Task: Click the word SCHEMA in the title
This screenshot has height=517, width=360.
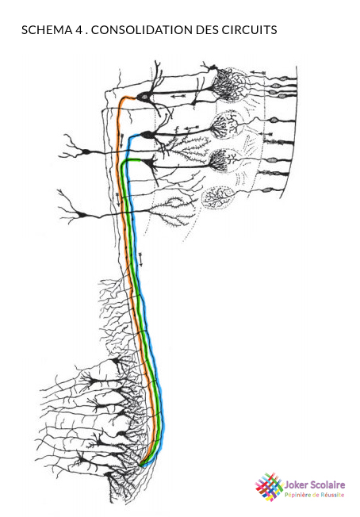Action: pyautogui.click(x=47, y=30)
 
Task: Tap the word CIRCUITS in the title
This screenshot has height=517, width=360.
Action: pyautogui.click(x=249, y=30)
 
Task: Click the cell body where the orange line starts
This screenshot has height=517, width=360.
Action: pyautogui.click(x=144, y=97)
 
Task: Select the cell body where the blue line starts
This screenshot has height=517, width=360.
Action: pyautogui.click(x=147, y=135)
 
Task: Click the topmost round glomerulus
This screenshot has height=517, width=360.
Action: pyautogui.click(x=230, y=85)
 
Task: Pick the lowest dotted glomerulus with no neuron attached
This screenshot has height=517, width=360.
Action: pyautogui.click(x=218, y=197)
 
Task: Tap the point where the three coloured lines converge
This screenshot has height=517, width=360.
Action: pyautogui.click(x=143, y=465)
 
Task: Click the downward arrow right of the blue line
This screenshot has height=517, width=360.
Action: pyautogui.click(x=141, y=259)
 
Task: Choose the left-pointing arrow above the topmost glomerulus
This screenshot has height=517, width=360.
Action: pyautogui.click(x=259, y=72)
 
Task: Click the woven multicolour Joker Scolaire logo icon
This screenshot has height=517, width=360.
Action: pyautogui.click(x=269, y=487)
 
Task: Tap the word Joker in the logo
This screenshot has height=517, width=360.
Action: pyautogui.click(x=295, y=484)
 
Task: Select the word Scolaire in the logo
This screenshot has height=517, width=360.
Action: pyautogui.click(x=326, y=484)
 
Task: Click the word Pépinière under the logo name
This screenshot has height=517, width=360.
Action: pyautogui.click(x=297, y=495)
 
